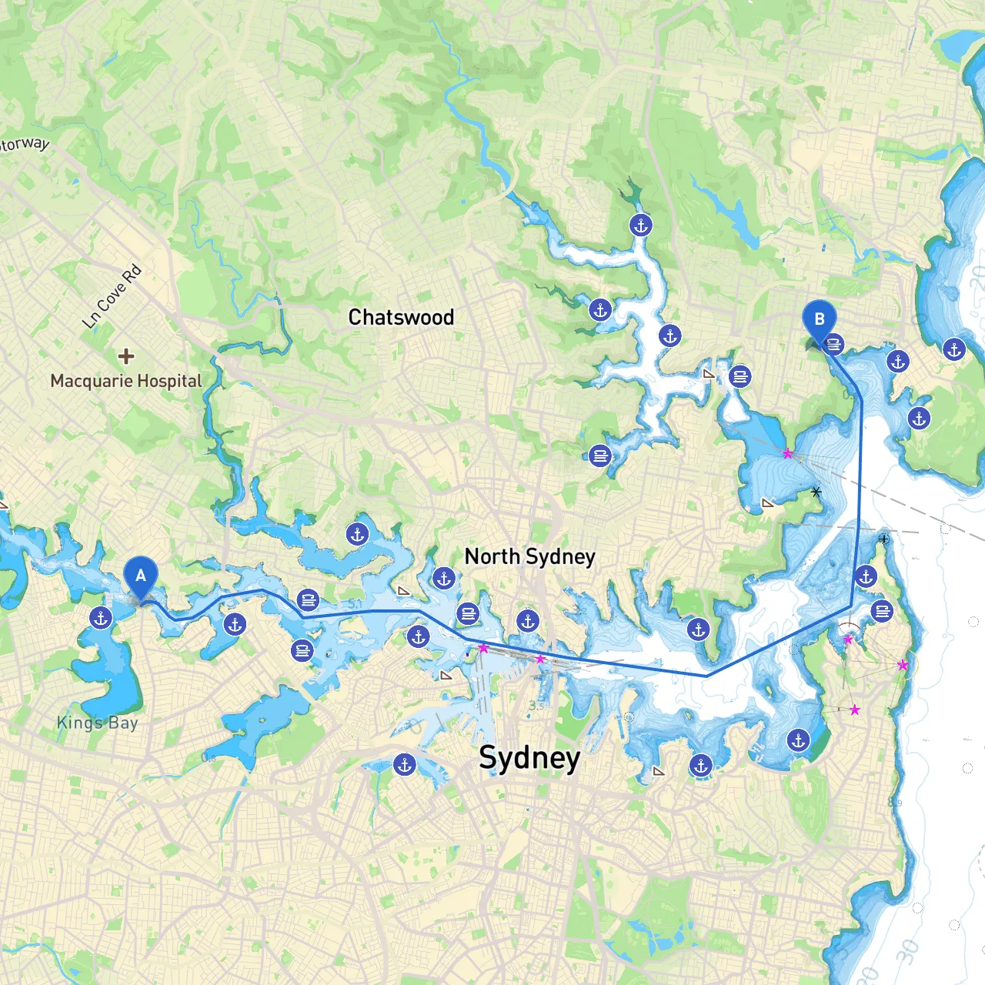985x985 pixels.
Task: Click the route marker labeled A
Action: point(140,577)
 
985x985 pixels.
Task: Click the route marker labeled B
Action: point(819,321)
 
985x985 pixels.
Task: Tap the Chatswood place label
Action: point(401,317)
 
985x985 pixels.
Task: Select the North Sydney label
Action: point(529,556)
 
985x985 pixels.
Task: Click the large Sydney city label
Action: point(529,757)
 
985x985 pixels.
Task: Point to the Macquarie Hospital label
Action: point(125,381)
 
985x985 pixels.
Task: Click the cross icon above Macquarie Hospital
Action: point(125,356)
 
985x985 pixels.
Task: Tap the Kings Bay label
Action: point(97,723)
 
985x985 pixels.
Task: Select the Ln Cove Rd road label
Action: point(112,296)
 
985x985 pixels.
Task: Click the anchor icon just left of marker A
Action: point(101,617)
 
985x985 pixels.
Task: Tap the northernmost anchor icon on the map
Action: point(641,225)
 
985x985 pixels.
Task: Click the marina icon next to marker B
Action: point(834,345)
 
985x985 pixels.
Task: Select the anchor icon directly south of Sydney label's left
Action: point(405,765)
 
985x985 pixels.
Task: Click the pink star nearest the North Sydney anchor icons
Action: point(483,648)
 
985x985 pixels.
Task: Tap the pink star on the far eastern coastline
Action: point(903,665)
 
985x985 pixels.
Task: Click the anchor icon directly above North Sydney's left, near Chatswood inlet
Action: point(357,534)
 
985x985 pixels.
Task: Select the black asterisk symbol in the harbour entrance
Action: point(816,491)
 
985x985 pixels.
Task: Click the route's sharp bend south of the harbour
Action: point(707,676)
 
